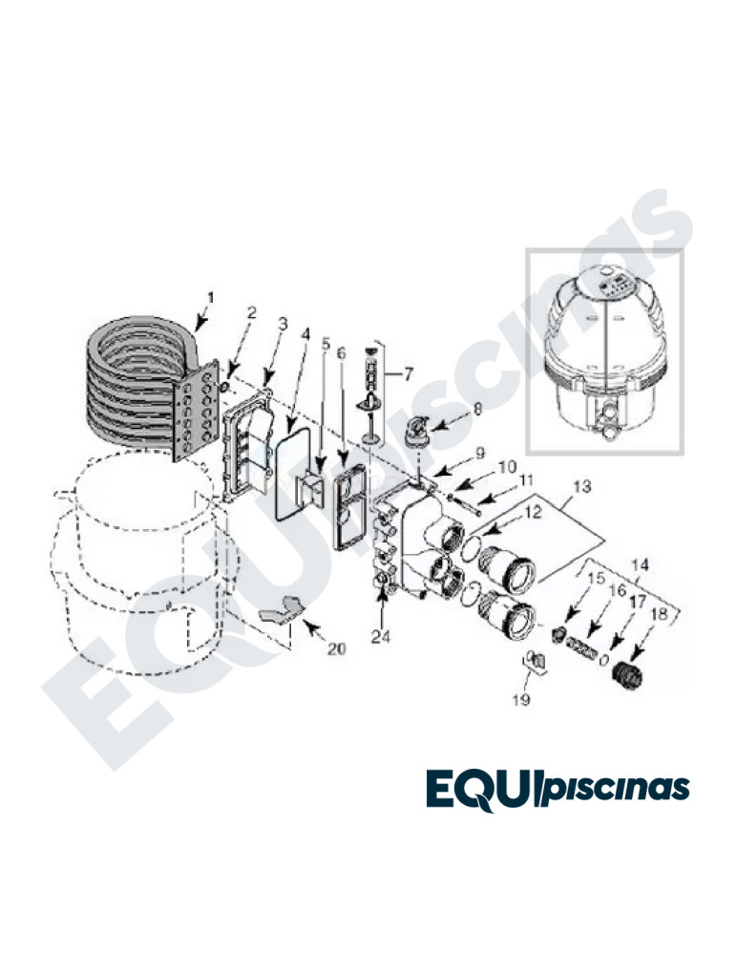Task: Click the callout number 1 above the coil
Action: [211, 298]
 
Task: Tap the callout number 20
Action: [336, 649]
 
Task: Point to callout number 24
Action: [381, 636]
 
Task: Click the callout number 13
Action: [582, 486]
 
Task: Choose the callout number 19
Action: [521, 700]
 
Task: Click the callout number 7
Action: [408, 373]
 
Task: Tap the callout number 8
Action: [477, 410]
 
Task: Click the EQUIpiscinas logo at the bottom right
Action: [557, 789]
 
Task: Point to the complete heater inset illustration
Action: [604, 351]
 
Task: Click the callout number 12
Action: [534, 513]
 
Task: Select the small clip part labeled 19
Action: [535, 662]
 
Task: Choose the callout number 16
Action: [617, 590]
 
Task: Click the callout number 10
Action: [507, 468]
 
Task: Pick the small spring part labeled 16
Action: [580, 647]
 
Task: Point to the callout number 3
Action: [283, 324]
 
